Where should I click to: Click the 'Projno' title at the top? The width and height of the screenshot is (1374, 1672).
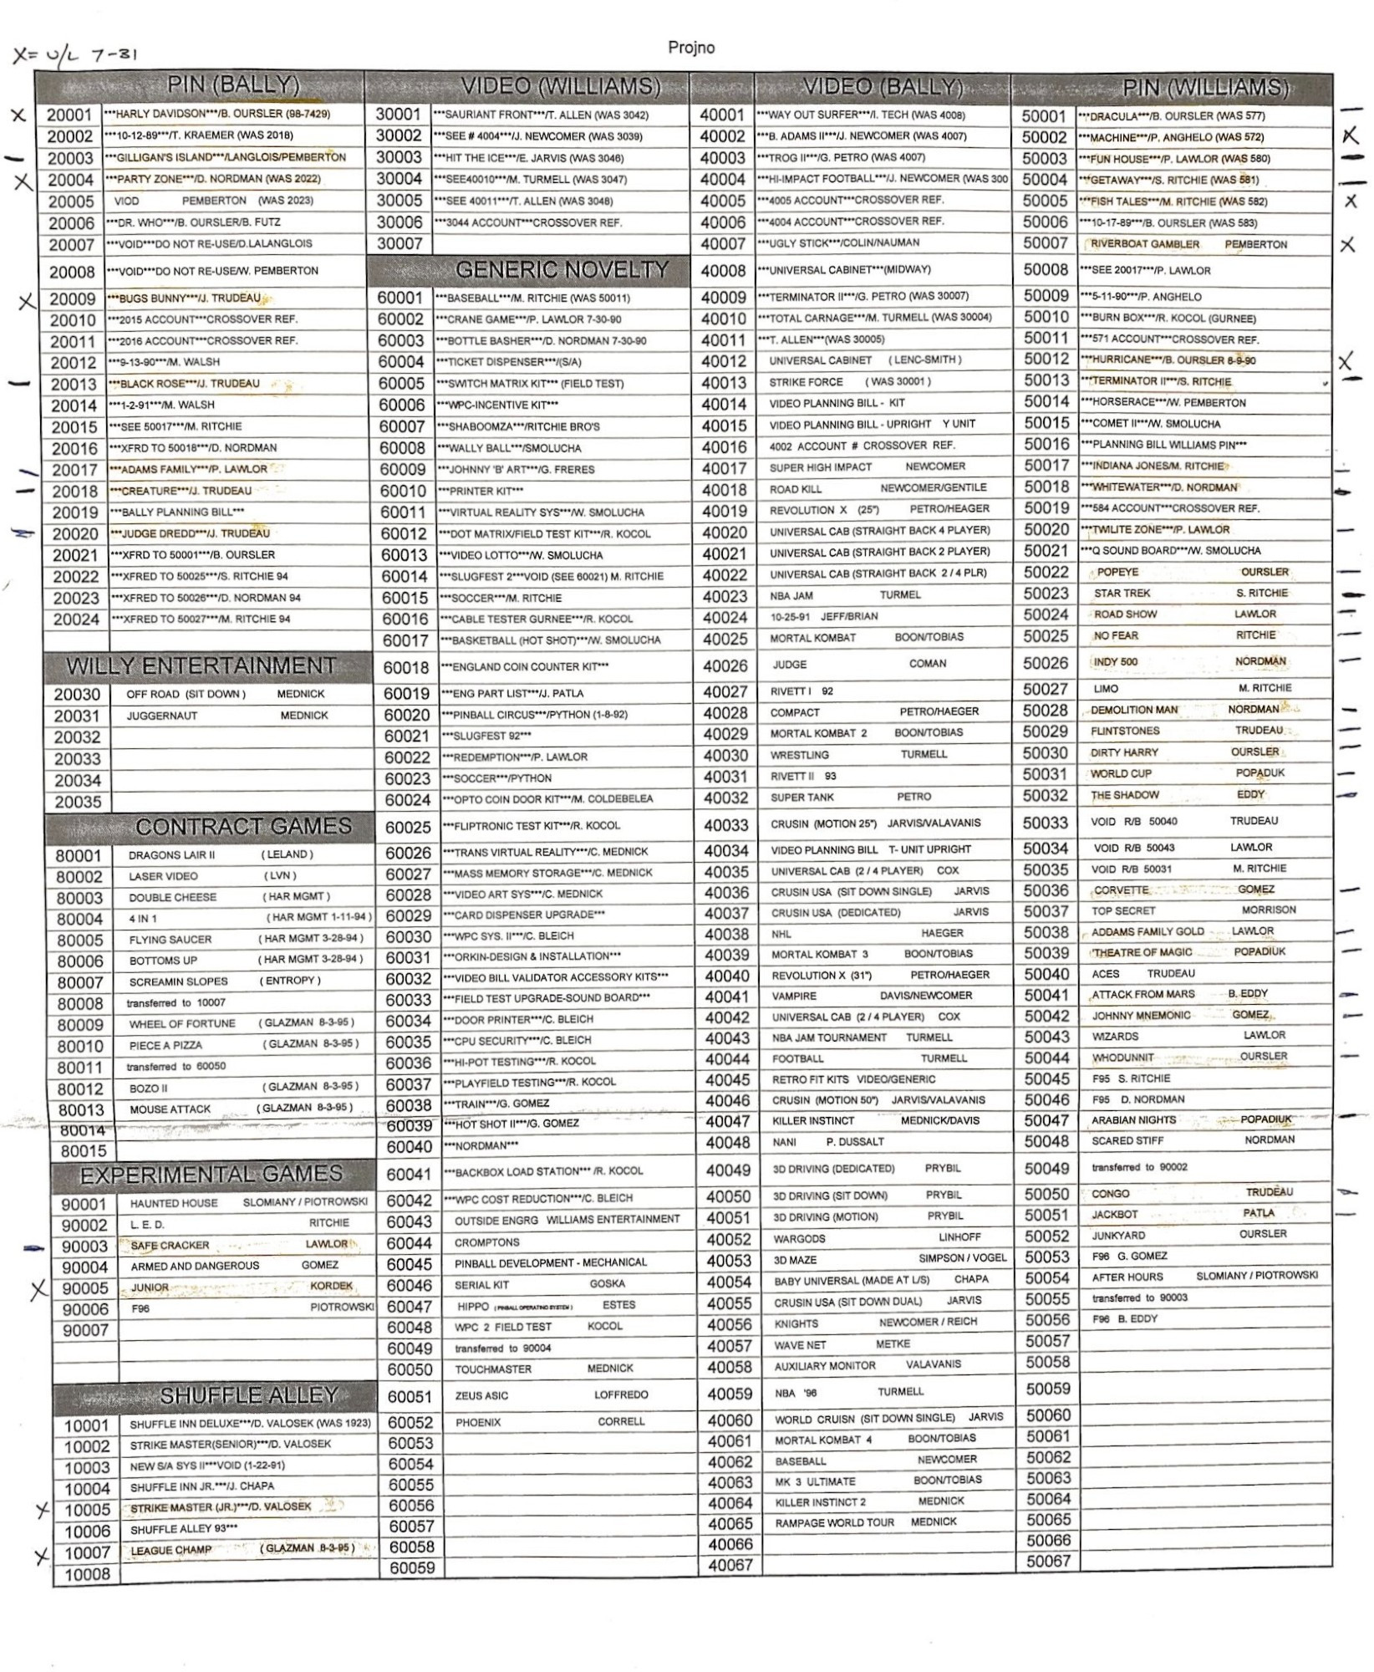pyautogui.click(x=690, y=48)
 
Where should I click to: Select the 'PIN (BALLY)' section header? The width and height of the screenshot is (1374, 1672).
pyautogui.click(x=233, y=84)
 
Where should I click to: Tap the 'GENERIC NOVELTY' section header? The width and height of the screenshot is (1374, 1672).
pyautogui.click(x=562, y=269)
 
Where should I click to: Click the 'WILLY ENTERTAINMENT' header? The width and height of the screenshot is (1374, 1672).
pyautogui.click(x=201, y=665)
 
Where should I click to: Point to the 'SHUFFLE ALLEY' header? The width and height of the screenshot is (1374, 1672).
pyautogui.click(x=248, y=1394)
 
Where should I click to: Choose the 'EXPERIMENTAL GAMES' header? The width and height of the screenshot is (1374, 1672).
pyautogui.click(x=211, y=1174)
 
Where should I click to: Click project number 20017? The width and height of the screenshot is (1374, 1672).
pyautogui.click(x=75, y=470)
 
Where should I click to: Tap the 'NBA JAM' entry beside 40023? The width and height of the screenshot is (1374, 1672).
pyautogui.click(x=791, y=595)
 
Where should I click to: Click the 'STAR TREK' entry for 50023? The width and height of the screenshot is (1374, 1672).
pyautogui.click(x=1122, y=593)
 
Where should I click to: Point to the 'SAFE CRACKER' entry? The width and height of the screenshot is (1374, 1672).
pyautogui.click(x=170, y=1245)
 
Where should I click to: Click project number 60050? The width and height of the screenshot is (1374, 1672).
pyautogui.click(x=410, y=1369)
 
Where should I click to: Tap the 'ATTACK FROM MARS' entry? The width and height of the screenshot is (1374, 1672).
pyautogui.click(x=1142, y=994)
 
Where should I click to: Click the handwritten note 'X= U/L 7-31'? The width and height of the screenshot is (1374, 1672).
pyautogui.click(x=75, y=55)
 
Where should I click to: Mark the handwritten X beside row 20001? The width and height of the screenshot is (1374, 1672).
pyautogui.click(x=18, y=115)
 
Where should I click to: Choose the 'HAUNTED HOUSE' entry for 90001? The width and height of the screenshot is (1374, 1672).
pyautogui.click(x=173, y=1203)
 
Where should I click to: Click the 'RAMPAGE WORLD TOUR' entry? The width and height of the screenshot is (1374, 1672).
pyautogui.click(x=833, y=1522)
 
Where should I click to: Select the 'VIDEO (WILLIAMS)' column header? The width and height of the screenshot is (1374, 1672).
pyautogui.click(x=560, y=86)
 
